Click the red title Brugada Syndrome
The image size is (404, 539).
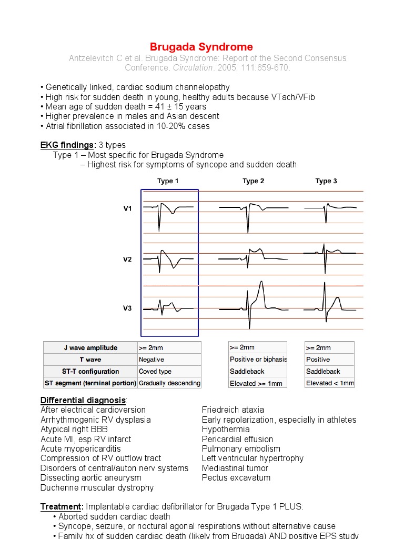pos(201,47)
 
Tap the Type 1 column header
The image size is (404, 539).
pos(168,181)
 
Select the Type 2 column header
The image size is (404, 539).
pos(253,181)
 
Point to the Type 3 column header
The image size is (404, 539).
pos(326,181)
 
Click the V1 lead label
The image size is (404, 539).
pos(128,208)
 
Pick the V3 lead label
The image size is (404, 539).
pos(128,308)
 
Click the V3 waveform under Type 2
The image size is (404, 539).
pos(254,305)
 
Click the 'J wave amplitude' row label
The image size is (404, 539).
pos(90,348)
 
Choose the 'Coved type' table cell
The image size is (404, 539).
pos(155,372)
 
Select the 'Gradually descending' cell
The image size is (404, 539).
pos(169,383)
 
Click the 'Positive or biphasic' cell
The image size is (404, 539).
pos(258,360)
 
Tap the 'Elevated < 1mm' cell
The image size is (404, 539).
pos(330,383)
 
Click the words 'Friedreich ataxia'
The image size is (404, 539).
pos(233,410)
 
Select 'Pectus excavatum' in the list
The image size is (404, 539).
pos(236,478)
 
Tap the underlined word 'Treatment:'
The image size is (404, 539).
pos(62,507)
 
